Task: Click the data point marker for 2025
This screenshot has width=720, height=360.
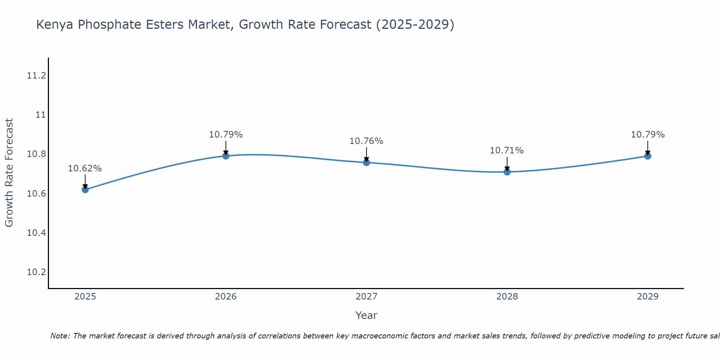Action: pos(85,189)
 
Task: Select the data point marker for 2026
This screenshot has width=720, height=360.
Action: pos(226,156)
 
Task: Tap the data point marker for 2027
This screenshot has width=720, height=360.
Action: pos(366,162)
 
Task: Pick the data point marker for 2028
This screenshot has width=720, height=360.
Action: pos(507,172)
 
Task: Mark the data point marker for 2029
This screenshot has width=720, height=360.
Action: pos(648,156)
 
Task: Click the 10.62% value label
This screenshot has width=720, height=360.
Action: pos(85,168)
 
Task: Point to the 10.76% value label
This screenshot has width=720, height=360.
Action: pos(366,141)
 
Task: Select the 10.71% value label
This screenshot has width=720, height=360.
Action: pos(507,150)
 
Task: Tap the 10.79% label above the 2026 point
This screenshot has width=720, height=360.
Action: pos(226,135)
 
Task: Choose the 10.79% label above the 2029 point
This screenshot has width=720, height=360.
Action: pos(648,135)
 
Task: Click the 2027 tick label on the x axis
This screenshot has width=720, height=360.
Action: pos(366,297)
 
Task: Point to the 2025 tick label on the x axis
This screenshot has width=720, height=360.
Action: pos(85,297)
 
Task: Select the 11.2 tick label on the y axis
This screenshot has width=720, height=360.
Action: pos(37,76)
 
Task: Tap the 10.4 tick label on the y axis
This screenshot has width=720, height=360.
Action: pos(37,233)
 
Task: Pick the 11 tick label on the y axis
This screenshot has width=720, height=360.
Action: pos(41,115)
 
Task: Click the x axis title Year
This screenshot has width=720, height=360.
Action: pos(366,315)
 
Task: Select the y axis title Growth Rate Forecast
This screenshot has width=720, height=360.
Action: pos(9,173)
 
